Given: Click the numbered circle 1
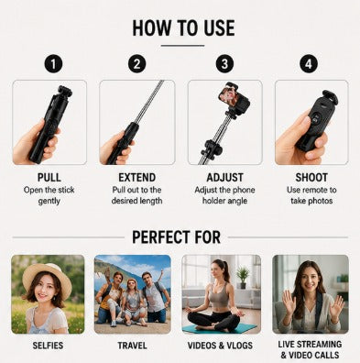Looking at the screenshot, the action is (x=53, y=64).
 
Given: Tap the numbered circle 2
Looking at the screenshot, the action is (x=136, y=64).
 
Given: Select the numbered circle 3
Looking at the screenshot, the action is (x=224, y=64).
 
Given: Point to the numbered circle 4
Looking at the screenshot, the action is (x=309, y=64).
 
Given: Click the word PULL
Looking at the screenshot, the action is (x=49, y=178).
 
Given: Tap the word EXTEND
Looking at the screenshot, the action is (x=136, y=178).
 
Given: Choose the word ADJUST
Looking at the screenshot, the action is (x=224, y=178).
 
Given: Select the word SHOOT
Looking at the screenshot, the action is (x=311, y=178).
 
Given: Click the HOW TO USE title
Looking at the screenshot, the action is (x=183, y=28).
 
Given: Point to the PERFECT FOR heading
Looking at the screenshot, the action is (x=176, y=237).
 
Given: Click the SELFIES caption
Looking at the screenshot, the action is (x=48, y=346).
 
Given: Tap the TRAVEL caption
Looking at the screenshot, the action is (x=132, y=346).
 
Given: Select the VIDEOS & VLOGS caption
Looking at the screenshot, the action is (x=220, y=346).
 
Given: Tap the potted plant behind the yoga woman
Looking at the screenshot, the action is (x=243, y=278).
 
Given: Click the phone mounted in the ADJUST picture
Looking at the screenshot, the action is (x=234, y=96).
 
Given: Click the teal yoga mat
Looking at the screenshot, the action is (x=220, y=328).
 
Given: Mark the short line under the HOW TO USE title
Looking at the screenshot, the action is (x=182, y=46).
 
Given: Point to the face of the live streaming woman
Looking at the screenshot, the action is (x=309, y=281).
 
